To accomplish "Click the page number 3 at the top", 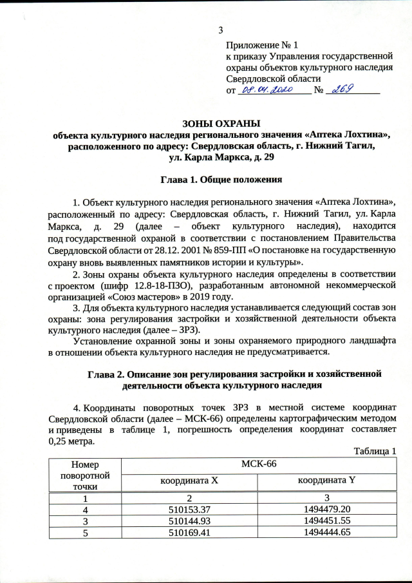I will [221, 30].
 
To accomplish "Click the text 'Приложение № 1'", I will [262, 46].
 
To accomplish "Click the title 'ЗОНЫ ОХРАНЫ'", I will [221, 124].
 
